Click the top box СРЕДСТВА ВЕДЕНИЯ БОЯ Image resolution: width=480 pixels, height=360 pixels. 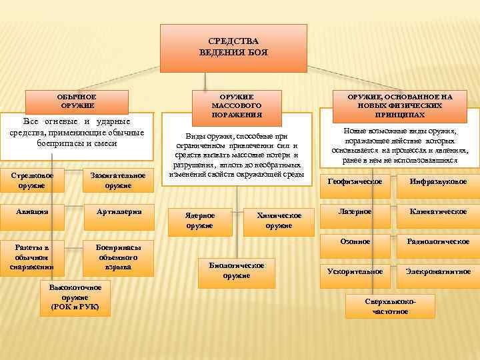233,47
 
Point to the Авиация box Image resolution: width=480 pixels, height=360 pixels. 32,211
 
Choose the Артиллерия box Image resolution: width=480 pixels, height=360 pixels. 117,211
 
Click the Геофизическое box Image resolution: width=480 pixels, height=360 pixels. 355,181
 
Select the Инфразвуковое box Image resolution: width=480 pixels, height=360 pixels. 438,181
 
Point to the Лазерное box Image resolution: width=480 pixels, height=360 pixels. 355,211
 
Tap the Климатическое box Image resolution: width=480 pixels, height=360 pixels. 438,211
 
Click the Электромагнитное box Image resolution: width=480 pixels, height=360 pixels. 438,271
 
